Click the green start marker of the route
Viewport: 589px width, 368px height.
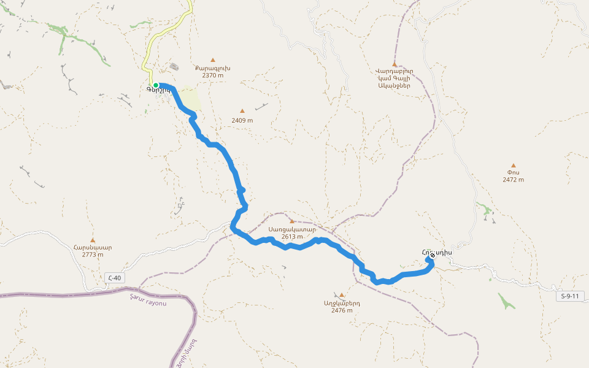click(156, 85)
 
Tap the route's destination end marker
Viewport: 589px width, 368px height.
click(432, 256)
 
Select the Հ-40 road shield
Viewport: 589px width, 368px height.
click(114, 278)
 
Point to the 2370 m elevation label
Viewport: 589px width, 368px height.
click(213, 75)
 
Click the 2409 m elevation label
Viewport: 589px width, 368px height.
click(242, 120)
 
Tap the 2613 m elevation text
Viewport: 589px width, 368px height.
click(292, 236)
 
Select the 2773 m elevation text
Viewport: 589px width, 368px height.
click(93, 255)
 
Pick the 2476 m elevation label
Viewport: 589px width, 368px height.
click(342, 310)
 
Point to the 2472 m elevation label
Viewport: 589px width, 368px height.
click(514, 180)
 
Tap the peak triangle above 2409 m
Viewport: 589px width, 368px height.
click(242, 111)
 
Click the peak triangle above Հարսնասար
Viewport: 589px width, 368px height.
click(93, 240)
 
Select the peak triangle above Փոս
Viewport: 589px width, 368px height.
click(514, 165)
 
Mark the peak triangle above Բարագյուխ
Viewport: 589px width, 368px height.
click(213, 60)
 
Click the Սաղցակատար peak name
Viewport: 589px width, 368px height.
click(292, 229)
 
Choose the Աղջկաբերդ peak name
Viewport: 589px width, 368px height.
click(342, 303)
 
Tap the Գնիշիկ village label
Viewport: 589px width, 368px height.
click(158, 91)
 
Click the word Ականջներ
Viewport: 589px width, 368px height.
click(395, 85)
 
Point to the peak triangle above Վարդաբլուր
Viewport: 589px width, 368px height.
click(395, 64)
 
